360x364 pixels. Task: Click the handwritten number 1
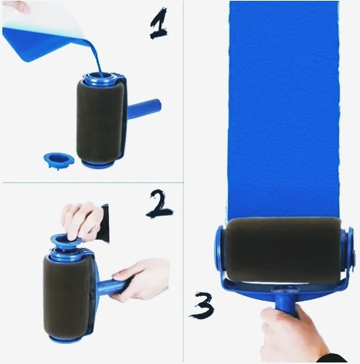click(x=158, y=25)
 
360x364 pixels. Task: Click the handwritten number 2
click(x=159, y=204)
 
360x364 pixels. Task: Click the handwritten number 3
click(x=201, y=304)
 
